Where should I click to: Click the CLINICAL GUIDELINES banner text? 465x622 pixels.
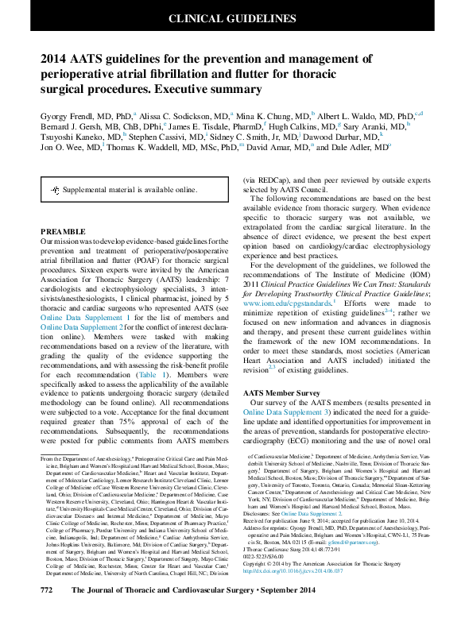(x=232, y=18)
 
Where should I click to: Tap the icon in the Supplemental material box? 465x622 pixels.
(x=55, y=191)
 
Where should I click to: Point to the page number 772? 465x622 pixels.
(x=47, y=612)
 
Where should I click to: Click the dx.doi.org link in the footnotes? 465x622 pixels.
(x=294, y=593)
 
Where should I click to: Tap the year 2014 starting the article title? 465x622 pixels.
(x=55, y=58)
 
